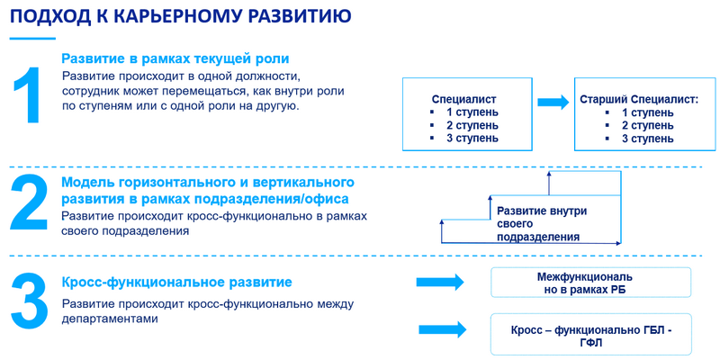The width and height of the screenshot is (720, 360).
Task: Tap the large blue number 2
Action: tap(30, 205)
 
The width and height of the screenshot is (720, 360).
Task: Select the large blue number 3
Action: tap(30, 301)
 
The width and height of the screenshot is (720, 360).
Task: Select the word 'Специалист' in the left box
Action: tap(464, 100)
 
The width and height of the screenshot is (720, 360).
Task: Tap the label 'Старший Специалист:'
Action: tap(638, 100)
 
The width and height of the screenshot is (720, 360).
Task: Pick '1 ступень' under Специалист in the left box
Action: tap(472, 112)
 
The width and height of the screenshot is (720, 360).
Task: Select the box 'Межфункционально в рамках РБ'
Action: tap(590, 283)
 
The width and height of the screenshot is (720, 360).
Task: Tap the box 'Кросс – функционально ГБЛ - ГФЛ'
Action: tap(590, 335)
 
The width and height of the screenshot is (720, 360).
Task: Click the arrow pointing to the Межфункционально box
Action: tap(441, 283)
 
